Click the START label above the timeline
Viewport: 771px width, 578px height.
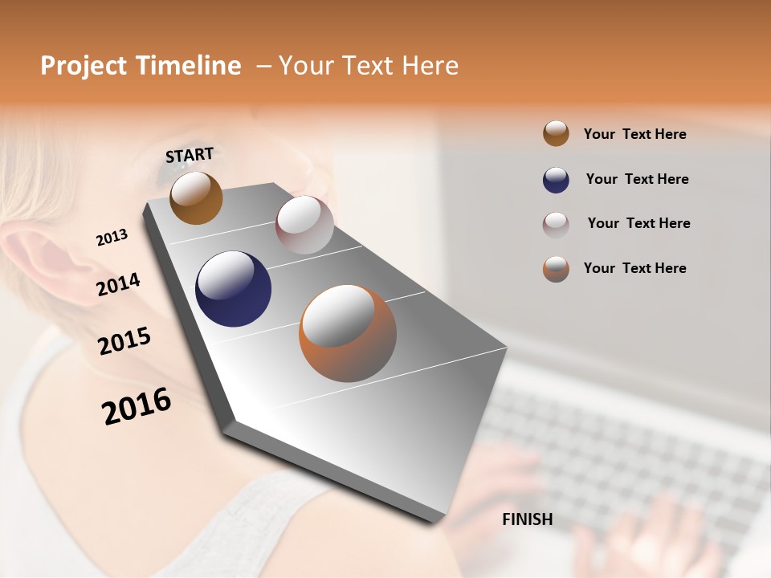[190, 155]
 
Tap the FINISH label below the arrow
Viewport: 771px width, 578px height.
[527, 519]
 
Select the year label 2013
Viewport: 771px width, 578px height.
[112, 238]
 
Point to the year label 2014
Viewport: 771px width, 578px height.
[118, 284]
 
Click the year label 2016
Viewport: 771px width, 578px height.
[137, 406]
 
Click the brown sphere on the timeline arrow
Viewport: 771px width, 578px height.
[196, 197]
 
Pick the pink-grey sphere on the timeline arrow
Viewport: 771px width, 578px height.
[304, 225]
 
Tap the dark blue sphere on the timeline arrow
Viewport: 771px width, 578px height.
[233, 289]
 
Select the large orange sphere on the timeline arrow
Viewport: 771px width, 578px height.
[348, 333]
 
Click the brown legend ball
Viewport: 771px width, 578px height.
[556, 134]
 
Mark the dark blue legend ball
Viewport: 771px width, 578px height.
[556, 180]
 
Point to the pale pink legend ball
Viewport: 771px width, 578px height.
[556, 224]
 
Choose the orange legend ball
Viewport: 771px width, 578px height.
[556, 269]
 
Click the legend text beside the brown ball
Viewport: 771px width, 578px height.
[634, 134]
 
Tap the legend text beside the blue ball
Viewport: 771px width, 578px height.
[637, 179]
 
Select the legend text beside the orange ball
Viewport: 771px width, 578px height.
[634, 268]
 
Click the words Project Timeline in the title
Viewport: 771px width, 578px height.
[141, 66]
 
